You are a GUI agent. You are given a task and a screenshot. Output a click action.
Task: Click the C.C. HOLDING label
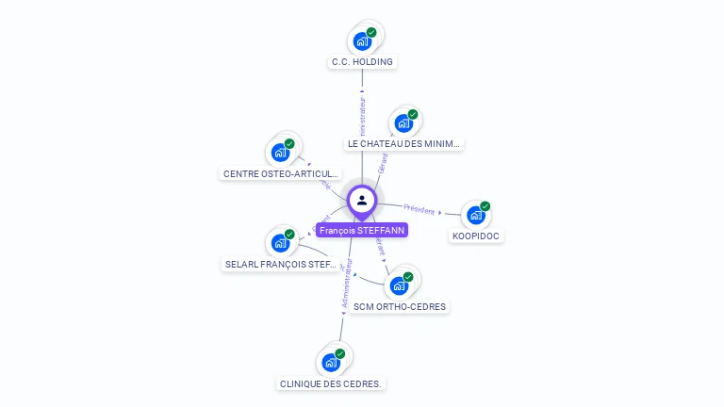[x=362, y=62]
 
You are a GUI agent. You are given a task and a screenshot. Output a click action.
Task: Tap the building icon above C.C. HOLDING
[x=362, y=41]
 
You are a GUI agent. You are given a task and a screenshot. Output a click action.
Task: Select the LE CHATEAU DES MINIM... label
[x=404, y=144]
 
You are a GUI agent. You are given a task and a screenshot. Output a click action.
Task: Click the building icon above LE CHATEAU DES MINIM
[x=403, y=122]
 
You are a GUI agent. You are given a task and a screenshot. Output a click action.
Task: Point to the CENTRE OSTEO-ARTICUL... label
[x=280, y=173]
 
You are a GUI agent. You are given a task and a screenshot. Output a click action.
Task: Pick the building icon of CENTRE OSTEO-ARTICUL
[x=280, y=152]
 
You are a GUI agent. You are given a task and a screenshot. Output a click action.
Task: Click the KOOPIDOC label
[x=475, y=236]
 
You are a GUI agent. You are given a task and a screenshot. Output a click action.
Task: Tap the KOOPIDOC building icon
[x=476, y=215]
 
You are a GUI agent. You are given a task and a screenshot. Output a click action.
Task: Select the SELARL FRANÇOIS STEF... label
[x=281, y=265]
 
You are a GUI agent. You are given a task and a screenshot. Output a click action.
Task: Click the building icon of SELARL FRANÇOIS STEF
[x=280, y=243]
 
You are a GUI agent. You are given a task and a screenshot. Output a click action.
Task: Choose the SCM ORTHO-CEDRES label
[x=400, y=306]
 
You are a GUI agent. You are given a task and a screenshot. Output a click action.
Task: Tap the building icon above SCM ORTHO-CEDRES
[x=399, y=285]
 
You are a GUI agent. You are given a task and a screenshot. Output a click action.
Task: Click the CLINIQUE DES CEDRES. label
[x=331, y=383]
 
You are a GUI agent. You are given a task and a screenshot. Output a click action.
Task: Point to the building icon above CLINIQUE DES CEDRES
[x=331, y=363]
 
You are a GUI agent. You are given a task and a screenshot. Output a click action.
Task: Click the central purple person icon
[x=362, y=200]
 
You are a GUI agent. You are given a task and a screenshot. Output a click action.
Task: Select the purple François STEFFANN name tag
[x=362, y=230]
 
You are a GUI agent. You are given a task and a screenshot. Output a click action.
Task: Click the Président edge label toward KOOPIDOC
[x=420, y=208]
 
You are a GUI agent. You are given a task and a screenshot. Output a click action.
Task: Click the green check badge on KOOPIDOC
[x=485, y=206]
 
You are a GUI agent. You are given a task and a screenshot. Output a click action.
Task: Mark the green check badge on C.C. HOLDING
[x=371, y=33]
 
